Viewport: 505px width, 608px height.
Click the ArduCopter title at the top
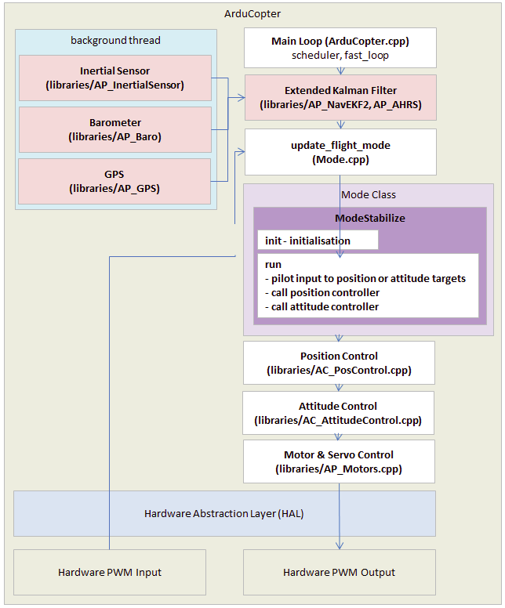252,14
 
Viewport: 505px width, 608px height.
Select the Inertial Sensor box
115,78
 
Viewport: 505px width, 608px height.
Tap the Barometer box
115,129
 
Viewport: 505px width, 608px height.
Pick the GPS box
115,181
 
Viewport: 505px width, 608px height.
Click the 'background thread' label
115,40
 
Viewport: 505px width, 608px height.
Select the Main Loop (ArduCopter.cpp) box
340,48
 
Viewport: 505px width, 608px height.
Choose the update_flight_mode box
340,152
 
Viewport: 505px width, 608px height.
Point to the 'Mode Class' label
369,194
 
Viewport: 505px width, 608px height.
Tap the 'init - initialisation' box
318,241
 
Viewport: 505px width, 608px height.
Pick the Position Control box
338,363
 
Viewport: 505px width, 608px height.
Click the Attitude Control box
338,413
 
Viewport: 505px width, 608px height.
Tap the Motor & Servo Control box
338,461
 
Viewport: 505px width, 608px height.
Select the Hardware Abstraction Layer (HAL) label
224,514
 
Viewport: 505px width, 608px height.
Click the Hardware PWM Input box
110,572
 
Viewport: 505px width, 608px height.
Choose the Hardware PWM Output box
339,572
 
